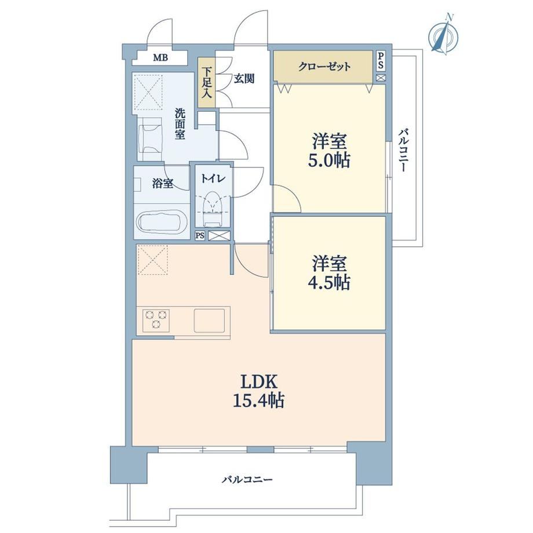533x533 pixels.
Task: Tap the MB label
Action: [x=160, y=57]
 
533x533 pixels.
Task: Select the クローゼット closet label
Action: [x=324, y=66]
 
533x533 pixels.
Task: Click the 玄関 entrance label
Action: [x=244, y=79]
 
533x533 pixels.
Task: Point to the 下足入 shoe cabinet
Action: [x=207, y=83]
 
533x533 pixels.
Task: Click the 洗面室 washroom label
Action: [x=180, y=124]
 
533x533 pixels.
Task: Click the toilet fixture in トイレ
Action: [x=213, y=209]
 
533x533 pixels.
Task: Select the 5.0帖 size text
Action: [x=329, y=160]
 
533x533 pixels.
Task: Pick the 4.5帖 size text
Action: [x=329, y=282]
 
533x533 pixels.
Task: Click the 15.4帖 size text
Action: [x=258, y=400]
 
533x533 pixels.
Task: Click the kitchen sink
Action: [x=209, y=320]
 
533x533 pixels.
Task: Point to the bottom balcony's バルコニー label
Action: [x=247, y=480]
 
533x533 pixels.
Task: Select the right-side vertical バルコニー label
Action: [x=403, y=150]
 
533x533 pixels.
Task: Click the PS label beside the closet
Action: [x=381, y=60]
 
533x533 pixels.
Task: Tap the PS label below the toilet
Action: [x=200, y=236]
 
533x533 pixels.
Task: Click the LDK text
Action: [x=260, y=382]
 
